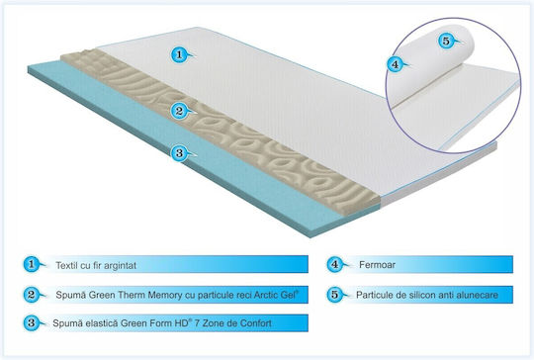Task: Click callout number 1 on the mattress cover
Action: pyautogui.click(x=179, y=54)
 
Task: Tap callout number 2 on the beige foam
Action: pyautogui.click(x=179, y=111)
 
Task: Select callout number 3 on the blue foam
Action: pyautogui.click(x=179, y=153)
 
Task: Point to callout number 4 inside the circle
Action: pyautogui.click(x=395, y=64)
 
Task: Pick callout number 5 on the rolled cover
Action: pyautogui.click(x=446, y=41)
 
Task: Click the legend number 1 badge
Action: pyautogui.click(x=32, y=264)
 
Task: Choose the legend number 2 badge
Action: pyautogui.click(x=32, y=295)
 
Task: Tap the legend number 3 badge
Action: pyautogui.click(x=32, y=322)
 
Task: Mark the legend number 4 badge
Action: pyautogui.click(x=335, y=264)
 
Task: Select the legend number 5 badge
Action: pyautogui.click(x=335, y=295)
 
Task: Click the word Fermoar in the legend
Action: pyautogui.click(x=377, y=265)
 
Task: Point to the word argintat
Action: pyautogui.click(x=121, y=266)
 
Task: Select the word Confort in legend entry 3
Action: pyautogui.click(x=256, y=322)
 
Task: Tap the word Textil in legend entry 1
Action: pyautogui.click(x=67, y=265)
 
